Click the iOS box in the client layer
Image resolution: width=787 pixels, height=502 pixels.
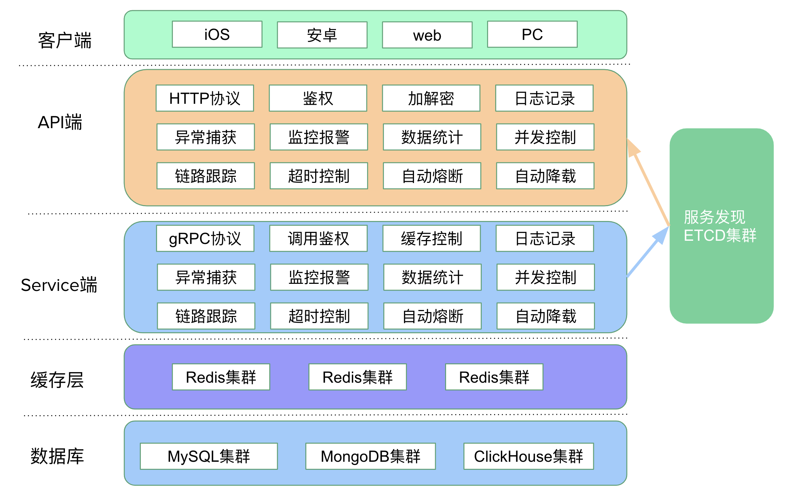[x=217, y=34]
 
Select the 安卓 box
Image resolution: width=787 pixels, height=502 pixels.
[x=322, y=35]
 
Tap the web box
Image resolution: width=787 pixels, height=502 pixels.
[x=427, y=35]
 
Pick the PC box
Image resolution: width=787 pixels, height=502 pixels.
[x=532, y=34]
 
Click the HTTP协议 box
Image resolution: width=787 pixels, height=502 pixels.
[x=205, y=98]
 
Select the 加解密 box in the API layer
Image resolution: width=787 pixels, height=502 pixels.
[x=431, y=98]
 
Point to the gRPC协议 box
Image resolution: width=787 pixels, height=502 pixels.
[x=205, y=238]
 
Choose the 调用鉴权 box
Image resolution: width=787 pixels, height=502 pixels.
[x=318, y=238]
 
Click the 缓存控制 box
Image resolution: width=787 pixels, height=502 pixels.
[x=432, y=238]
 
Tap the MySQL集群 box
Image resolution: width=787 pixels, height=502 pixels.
[x=209, y=456]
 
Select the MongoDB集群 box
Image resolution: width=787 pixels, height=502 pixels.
[x=371, y=456]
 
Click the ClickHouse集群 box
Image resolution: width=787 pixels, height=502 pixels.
[x=528, y=456]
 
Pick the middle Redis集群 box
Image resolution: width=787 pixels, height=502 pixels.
[x=358, y=377]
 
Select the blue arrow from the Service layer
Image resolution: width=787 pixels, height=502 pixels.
[x=648, y=252]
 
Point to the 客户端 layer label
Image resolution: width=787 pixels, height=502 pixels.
[x=65, y=40]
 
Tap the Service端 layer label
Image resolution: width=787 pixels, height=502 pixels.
[x=59, y=285]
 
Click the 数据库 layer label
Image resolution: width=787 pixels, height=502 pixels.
[x=57, y=456]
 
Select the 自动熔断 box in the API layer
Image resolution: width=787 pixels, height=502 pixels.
[x=432, y=176]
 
